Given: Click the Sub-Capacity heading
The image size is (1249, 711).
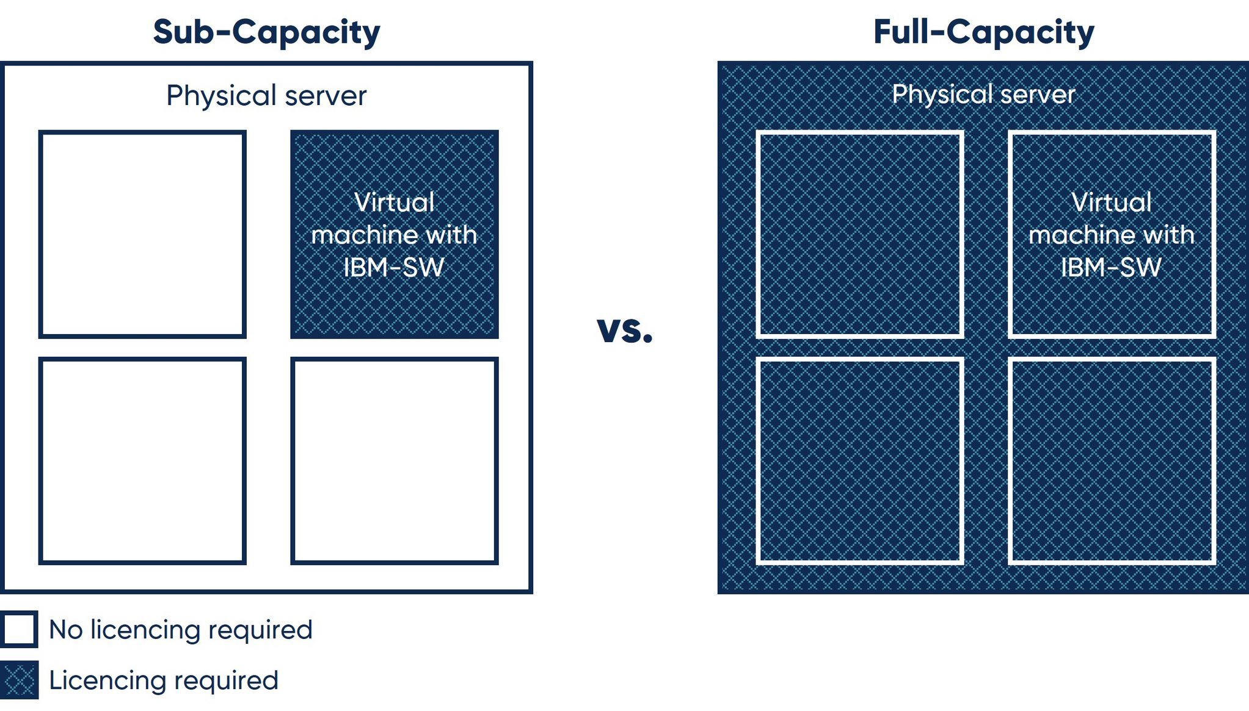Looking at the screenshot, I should point(266,32).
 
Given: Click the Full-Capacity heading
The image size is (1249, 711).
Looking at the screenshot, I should point(983,32).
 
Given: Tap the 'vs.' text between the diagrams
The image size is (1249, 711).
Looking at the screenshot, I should point(625,330).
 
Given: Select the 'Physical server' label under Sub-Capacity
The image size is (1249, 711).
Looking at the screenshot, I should point(266,95).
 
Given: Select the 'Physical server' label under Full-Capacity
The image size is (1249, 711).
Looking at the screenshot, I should point(983,94).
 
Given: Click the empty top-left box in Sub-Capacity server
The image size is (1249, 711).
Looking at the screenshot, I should point(142,234).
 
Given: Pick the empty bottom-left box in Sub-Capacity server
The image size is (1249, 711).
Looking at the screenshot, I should point(142,461).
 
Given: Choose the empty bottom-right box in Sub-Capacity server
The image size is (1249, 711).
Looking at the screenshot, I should point(395,461).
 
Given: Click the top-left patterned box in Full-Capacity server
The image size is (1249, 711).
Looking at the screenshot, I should point(860,234).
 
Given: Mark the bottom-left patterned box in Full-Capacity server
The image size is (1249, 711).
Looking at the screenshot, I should point(860,461).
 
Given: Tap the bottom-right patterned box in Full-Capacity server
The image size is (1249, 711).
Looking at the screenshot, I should point(1112,461).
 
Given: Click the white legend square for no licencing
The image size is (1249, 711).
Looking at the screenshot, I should point(19,629).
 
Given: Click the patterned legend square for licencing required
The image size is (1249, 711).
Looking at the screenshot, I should point(19,680).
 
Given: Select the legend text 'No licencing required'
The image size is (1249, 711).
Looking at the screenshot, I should point(181,630).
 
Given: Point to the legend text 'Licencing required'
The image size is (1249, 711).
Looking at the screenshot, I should point(164,680).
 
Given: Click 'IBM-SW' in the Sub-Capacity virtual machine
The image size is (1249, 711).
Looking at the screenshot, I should point(394,268).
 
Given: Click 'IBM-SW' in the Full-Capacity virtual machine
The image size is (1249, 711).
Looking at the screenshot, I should point(1111,268).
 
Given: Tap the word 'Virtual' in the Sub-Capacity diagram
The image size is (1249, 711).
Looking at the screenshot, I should point(395,202).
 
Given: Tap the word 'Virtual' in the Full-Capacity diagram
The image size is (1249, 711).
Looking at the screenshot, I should point(1112,202).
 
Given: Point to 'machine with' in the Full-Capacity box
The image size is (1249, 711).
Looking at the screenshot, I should point(1112,235).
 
